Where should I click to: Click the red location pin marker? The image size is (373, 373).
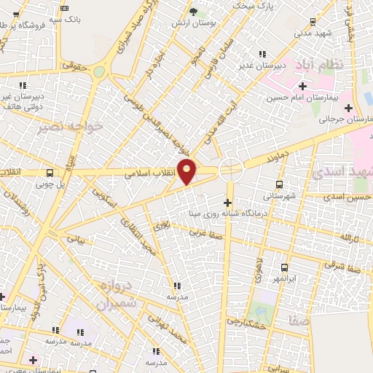tap(187, 170)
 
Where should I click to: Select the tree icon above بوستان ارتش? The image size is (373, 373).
tap(192, 12)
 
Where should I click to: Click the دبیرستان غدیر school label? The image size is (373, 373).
tap(262, 65)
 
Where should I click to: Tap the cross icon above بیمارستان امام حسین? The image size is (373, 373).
tap(302, 86)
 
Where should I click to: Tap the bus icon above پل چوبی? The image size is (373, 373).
tap(50, 173)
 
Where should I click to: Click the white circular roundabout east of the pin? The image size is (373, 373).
tap(231, 168)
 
